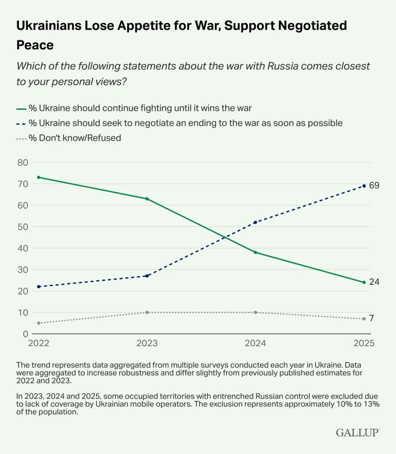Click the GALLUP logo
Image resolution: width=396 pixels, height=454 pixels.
(357, 432)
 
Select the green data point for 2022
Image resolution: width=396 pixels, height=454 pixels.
(39, 177)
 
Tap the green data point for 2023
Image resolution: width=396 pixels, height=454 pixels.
(147, 199)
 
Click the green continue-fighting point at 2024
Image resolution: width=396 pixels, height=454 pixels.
(256, 253)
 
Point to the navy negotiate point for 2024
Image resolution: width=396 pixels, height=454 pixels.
(256, 222)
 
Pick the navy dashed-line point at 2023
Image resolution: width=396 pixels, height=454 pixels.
(147, 276)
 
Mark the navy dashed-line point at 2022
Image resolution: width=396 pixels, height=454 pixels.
(39, 287)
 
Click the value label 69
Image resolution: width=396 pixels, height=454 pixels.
(374, 186)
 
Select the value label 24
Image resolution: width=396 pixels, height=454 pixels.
(374, 282)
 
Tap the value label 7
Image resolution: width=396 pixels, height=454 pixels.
(372, 319)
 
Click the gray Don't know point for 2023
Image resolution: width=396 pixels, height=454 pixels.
(147, 312)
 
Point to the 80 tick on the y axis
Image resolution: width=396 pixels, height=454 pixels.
(23, 163)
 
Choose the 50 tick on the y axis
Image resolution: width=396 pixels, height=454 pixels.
(23, 227)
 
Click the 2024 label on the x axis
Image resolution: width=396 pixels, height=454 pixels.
(255, 343)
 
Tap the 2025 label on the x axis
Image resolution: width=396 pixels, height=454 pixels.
(364, 343)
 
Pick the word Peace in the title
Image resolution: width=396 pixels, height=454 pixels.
(35, 45)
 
